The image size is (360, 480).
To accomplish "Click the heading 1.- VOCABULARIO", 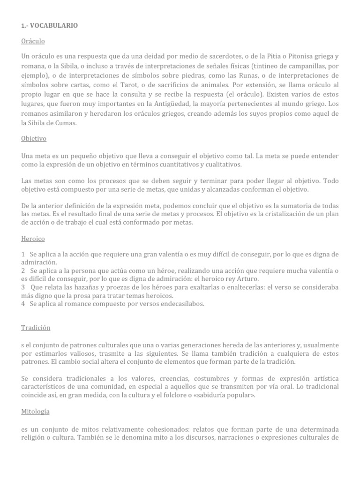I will click(x=49, y=26).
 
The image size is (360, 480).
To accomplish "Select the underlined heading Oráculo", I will click(x=32, y=41).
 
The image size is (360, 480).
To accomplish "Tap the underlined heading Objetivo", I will click(x=34, y=139).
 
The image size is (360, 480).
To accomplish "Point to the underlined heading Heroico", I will click(x=33, y=239).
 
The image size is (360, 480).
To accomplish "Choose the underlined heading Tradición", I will click(x=36, y=328).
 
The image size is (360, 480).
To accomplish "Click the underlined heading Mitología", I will click(x=35, y=412).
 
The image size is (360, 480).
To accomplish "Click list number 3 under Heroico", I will click(x=23, y=287).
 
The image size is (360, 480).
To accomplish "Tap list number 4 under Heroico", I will click(x=23, y=304).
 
